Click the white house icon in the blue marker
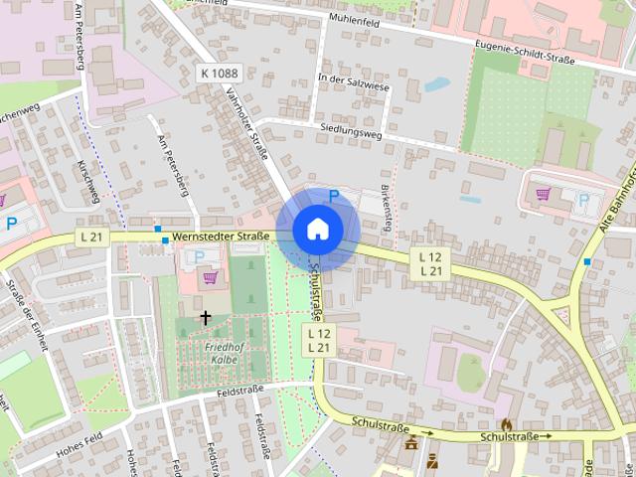(x=317, y=229)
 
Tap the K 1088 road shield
(x=219, y=73)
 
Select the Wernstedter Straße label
(x=221, y=237)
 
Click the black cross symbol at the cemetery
(x=206, y=318)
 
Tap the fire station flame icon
(x=506, y=423)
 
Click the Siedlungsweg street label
(x=352, y=129)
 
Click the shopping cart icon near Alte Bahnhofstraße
(x=543, y=194)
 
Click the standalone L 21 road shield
(x=91, y=237)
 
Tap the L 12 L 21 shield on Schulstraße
(x=318, y=339)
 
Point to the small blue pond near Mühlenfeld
(x=436, y=84)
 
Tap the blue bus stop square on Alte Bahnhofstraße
(x=588, y=262)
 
